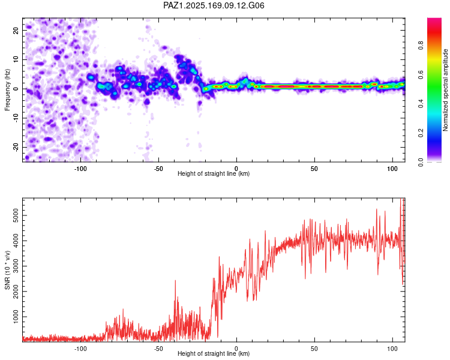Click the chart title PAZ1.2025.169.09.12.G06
(x=214, y=5)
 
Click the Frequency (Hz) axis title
(x=7, y=90)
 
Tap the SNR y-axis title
(x=7, y=270)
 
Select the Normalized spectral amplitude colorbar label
(x=445, y=90)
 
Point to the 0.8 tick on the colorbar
(x=421, y=46)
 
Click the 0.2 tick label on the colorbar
(x=421, y=133)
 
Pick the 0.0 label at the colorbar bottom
(x=421, y=163)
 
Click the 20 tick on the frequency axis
(x=16, y=30)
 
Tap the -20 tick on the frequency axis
(x=16, y=147)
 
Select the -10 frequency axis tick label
(x=16, y=118)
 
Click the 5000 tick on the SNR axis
(x=16, y=215)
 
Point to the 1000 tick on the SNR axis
(x=16, y=317)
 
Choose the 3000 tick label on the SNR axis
(x=16, y=266)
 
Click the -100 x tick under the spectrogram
(x=80, y=169)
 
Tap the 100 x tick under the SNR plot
(x=392, y=349)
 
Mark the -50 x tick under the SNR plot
(x=158, y=349)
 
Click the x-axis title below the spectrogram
(x=214, y=173)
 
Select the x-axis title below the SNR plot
(x=214, y=353)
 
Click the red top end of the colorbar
(x=434, y=20)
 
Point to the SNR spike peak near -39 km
(x=175, y=280)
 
